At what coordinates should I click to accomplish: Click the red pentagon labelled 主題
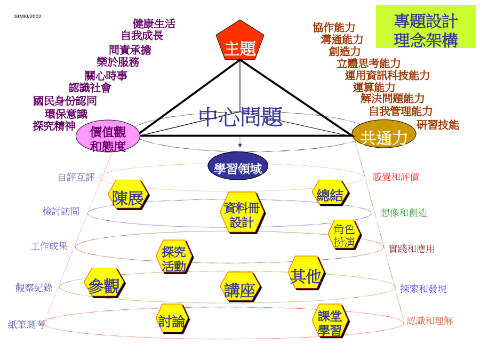[240, 41]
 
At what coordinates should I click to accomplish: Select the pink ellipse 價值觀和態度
[108, 135]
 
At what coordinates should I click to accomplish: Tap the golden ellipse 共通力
[384, 134]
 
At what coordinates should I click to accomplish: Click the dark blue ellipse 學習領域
[238, 166]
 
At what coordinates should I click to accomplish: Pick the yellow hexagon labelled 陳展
[129, 195]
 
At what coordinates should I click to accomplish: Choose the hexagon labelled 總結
[331, 193]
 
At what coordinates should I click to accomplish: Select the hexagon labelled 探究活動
[174, 257]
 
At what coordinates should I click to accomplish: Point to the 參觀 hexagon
[105, 283]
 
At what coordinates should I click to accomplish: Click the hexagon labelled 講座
[241, 287]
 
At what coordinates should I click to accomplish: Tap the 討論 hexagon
[172, 320]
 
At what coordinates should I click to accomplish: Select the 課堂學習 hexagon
[331, 321]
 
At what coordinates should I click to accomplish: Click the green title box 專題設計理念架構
[426, 26]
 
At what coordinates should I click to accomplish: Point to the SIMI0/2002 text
[28, 16]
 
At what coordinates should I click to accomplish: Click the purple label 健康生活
[154, 23]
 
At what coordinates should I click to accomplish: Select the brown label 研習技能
[438, 125]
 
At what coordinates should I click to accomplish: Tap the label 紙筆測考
[26, 324]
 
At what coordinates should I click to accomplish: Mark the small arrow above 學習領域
[240, 142]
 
